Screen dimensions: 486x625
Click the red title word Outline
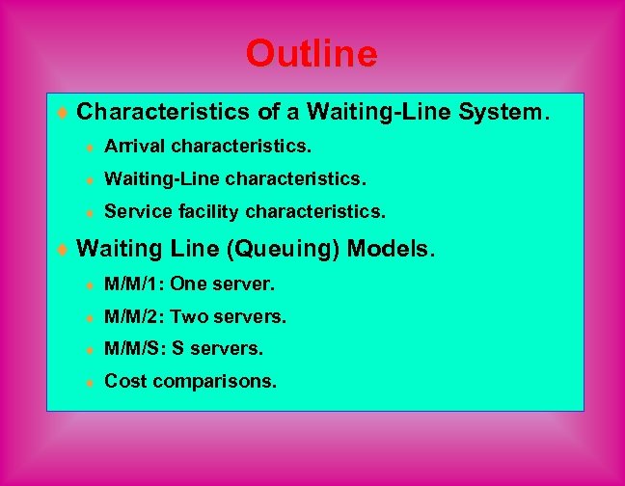pos(312,53)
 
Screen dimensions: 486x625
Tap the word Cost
pos(123,380)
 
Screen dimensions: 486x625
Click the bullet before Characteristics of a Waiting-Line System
pos(64,114)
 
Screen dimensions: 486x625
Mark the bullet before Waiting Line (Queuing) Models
pos(64,251)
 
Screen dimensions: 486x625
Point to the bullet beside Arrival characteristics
pos(89,148)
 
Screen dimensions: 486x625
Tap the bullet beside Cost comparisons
pos(89,381)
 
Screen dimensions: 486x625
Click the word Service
pos(133,209)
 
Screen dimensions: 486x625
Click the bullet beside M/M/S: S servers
pos(89,348)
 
